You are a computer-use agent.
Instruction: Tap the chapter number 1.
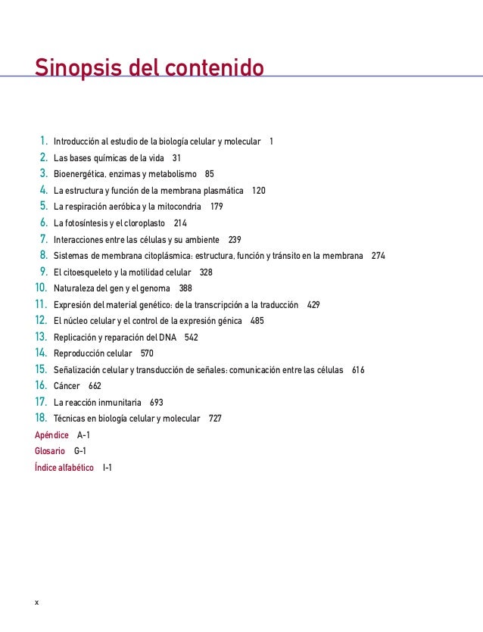(44, 142)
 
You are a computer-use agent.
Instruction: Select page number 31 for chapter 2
(176, 157)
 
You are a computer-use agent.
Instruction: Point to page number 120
(259, 190)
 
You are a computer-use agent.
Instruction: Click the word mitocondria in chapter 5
(179, 207)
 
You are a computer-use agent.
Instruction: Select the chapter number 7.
(44, 239)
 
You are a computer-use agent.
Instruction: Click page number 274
(379, 255)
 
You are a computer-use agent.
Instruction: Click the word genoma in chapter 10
(155, 288)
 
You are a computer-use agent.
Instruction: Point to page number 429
(313, 304)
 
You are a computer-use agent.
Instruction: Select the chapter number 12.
(42, 320)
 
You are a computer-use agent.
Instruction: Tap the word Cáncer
(67, 386)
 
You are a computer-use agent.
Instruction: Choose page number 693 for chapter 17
(157, 402)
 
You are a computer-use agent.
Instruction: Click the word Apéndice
(52, 435)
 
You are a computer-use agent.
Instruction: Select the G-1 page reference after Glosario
(80, 451)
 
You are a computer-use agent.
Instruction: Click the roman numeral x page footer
(36, 602)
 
